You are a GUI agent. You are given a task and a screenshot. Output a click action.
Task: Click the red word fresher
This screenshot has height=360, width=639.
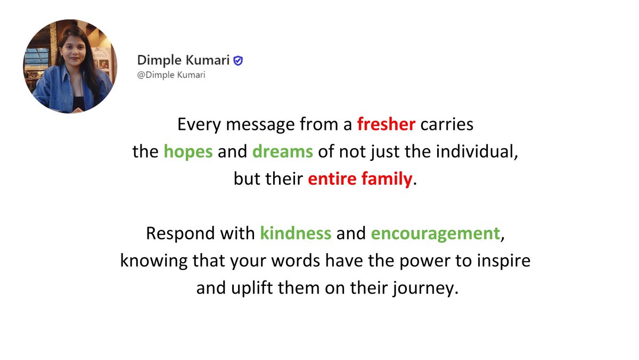point(386,125)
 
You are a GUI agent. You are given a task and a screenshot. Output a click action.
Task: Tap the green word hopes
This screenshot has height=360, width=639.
point(188,152)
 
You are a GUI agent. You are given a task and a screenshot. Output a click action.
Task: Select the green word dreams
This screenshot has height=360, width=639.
point(282,152)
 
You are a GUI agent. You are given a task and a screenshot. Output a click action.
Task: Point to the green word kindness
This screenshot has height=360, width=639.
point(296,234)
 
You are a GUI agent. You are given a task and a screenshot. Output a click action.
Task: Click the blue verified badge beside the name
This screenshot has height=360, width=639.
point(239,61)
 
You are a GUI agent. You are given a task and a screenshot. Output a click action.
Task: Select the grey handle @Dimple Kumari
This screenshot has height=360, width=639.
point(171,75)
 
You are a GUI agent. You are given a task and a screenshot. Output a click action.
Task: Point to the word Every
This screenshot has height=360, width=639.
point(196,125)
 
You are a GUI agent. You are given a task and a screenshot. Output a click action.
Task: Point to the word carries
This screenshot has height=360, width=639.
point(446,125)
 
